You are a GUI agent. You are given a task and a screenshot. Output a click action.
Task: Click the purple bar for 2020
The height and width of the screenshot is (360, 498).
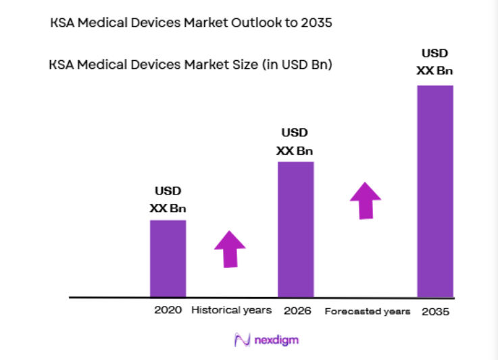coord(168,258)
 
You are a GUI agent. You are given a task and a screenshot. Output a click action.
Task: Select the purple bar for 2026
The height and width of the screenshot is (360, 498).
coord(296,229)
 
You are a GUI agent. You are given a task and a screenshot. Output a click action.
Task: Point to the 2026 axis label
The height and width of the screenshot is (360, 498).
coord(297,311)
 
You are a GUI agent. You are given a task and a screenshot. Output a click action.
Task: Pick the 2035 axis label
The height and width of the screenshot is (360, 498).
coord(435,312)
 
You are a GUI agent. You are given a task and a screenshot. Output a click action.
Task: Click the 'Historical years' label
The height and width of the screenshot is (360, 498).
coord(231,310)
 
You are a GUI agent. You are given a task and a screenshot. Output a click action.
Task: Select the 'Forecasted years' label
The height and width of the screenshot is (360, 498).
coord(367,311)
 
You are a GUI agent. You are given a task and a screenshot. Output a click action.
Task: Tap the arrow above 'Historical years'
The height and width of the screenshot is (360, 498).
coord(230,249)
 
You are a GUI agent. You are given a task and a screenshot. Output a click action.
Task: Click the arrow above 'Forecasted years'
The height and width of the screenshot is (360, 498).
coord(365,200)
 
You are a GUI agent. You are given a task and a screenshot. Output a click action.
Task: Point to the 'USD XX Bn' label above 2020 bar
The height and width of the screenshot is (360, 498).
coord(168,200)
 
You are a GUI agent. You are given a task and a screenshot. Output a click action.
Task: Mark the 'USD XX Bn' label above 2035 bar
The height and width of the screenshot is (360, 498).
coord(434,62)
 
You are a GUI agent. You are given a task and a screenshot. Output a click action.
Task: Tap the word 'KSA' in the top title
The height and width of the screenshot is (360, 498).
coord(64,24)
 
